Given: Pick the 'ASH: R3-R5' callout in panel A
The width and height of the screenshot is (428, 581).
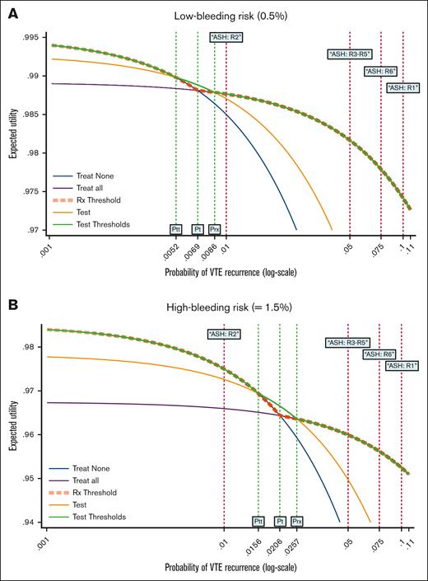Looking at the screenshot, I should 349,54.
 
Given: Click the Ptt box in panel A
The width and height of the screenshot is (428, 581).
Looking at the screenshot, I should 176,228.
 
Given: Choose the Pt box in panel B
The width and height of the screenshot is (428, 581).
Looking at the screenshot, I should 280,521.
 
